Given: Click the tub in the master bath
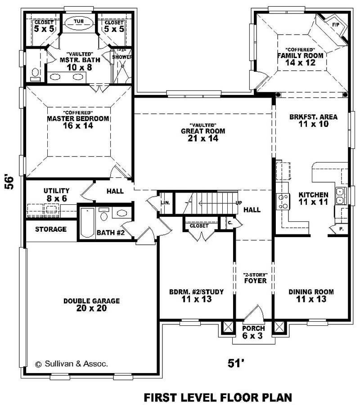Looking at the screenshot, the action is (79, 23).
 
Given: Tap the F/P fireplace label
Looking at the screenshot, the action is (335, 25).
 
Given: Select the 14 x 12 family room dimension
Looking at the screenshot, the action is (300, 63).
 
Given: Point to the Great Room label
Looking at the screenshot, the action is (203, 131).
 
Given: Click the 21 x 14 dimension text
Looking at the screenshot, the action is (203, 139).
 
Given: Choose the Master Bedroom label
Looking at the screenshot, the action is (78, 118).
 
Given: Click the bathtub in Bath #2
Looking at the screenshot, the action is (88, 223).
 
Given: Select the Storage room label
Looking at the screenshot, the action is (51, 229).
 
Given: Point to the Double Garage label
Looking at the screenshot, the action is (92, 301).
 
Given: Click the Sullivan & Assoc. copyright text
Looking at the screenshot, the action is (72, 364).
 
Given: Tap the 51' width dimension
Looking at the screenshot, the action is (236, 363).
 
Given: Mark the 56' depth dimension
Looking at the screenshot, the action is (9, 183).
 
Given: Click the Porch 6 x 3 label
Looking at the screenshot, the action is (253, 332).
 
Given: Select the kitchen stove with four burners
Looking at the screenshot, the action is (283, 202).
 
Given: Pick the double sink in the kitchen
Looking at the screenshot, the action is (340, 196).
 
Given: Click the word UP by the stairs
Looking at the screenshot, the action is (239, 203).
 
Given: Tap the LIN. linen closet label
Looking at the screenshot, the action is (166, 203).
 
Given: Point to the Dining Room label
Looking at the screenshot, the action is (311, 292).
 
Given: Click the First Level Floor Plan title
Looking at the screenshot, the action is (218, 397).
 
